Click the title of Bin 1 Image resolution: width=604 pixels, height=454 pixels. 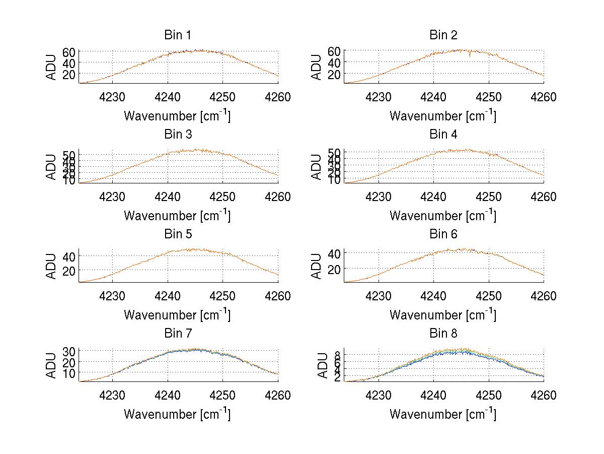click(x=178, y=35)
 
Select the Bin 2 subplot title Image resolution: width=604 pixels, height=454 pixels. click(x=443, y=35)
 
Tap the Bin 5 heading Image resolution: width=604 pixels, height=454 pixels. click(x=178, y=234)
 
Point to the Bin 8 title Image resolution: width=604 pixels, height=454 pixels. click(x=443, y=334)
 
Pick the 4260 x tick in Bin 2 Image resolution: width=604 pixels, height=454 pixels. click(x=544, y=97)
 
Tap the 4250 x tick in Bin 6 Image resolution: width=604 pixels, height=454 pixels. click(x=488, y=296)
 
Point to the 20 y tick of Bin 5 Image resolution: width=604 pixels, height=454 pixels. click(x=69, y=271)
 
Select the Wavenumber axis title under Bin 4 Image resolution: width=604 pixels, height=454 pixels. click(x=443, y=216)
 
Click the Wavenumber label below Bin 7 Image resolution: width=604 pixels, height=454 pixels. click(x=177, y=415)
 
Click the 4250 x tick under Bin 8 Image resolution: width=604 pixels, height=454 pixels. click(x=488, y=395)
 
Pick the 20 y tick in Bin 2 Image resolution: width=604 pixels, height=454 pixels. click(x=335, y=74)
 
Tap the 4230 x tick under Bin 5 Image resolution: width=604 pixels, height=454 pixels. click(x=112, y=296)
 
